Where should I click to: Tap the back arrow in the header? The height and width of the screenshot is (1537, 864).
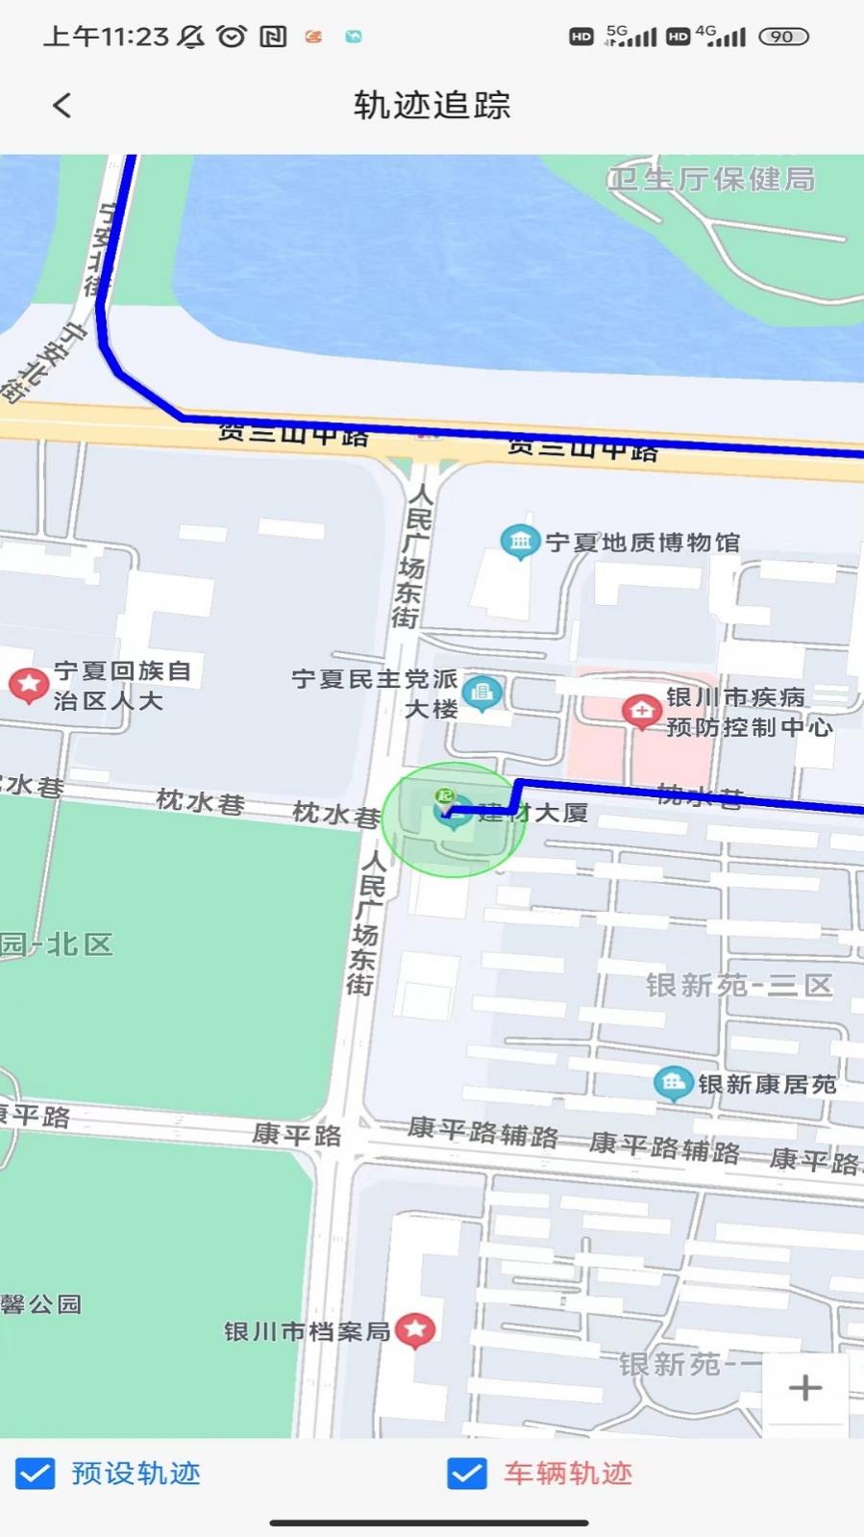point(62,105)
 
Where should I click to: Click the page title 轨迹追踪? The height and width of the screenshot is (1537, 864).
point(432,105)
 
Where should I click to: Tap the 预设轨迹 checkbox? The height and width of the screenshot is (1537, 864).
point(36,1473)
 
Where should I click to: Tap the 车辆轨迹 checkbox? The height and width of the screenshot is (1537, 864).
point(467,1473)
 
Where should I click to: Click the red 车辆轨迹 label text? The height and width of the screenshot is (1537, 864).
point(568,1473)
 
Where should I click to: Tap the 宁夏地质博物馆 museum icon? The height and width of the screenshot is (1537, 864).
point(519,542)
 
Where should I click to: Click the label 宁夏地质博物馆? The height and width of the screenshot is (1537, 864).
point(643,542)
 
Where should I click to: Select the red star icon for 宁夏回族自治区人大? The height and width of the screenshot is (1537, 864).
point(29,685)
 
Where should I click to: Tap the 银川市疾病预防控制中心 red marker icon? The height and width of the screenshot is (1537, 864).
point(641,712)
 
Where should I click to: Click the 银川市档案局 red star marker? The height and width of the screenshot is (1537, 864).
point(415,1330)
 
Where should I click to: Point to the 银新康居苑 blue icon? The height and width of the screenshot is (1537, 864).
point(673,1083)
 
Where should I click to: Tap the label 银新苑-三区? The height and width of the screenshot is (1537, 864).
point(738,985)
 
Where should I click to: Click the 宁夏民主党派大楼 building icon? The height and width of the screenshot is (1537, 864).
point(481,692)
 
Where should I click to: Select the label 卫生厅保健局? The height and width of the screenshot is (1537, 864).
point(711,179)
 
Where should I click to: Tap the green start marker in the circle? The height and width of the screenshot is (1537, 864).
point(444,796)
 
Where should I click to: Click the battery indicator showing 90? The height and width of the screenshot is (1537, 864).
point(783,37)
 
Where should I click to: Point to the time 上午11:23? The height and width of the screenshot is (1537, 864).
point(106,37)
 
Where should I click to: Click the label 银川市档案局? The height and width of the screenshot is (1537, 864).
point(307,1331)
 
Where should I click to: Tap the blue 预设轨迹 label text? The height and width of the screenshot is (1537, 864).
point(136,1473)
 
